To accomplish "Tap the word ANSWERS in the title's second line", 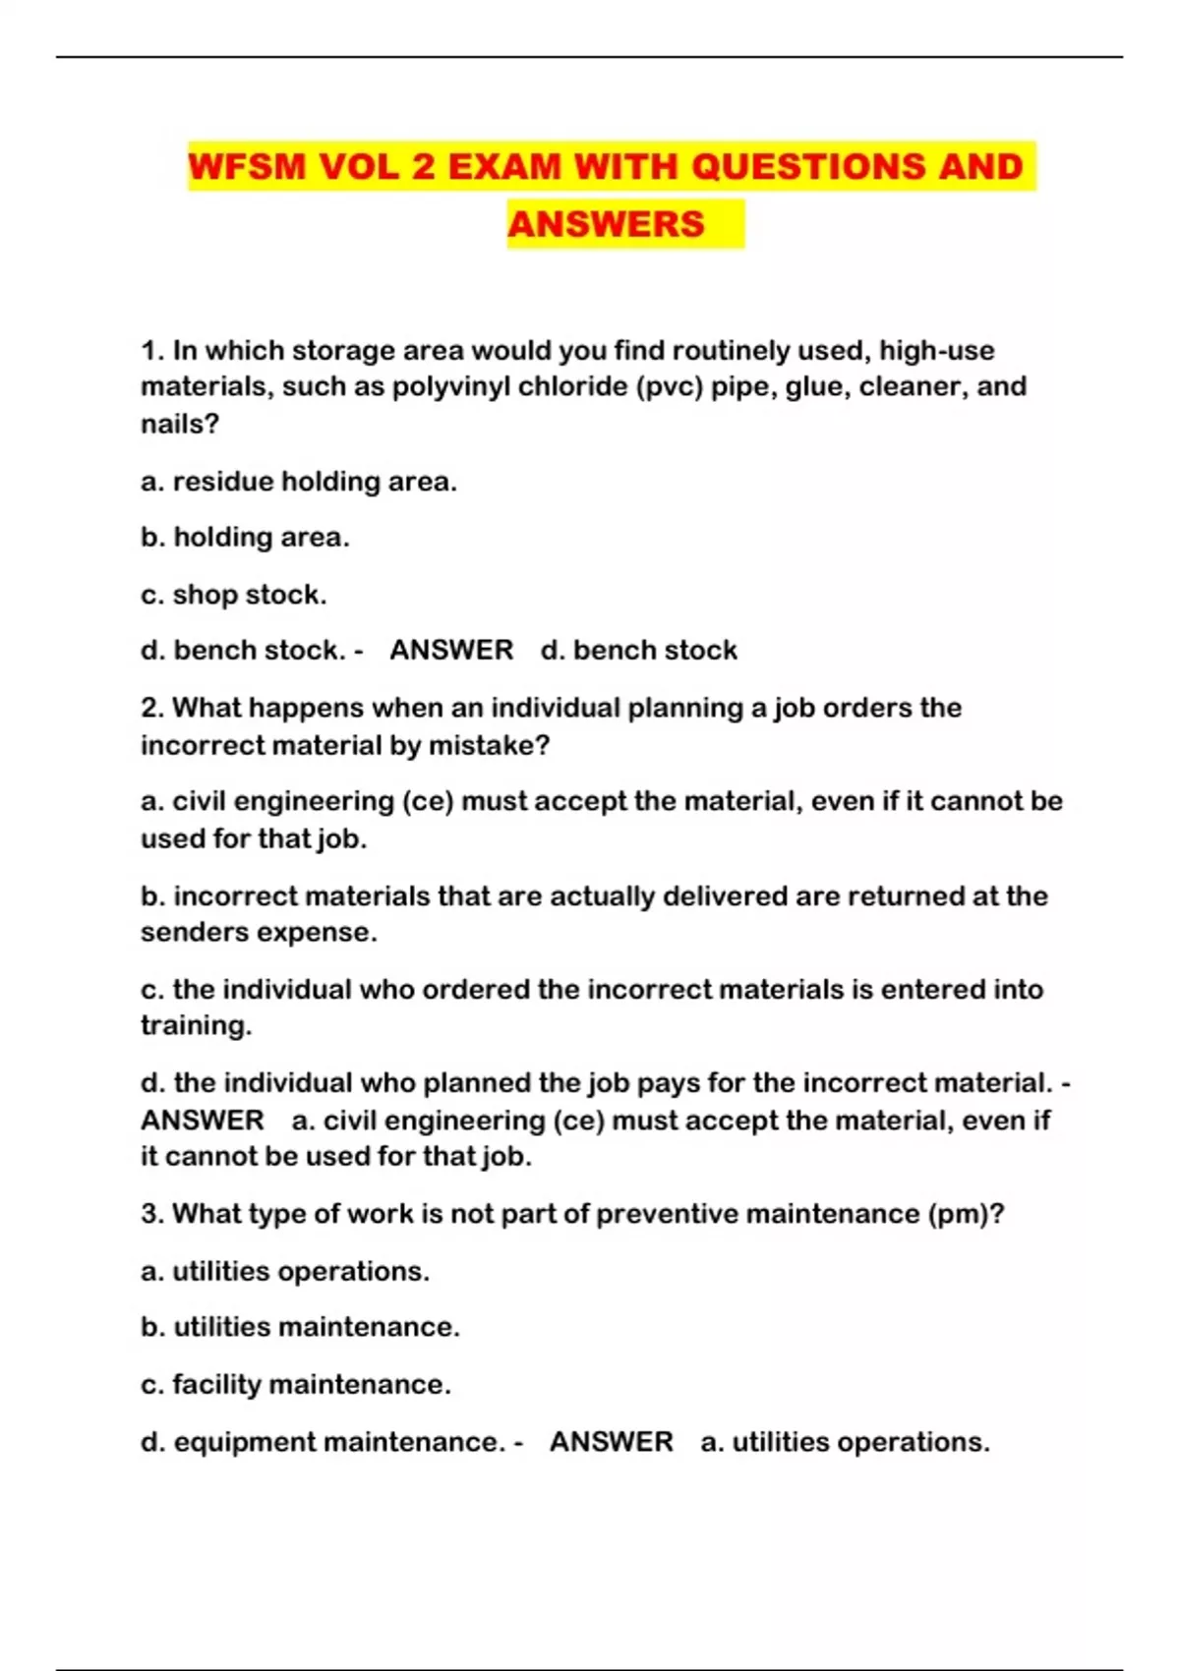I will coord(606,224).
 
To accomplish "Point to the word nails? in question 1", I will coord(180,424).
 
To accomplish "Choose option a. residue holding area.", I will coord(299,482).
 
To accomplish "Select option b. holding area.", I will coord(245,538).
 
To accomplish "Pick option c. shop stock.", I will coord(234,595).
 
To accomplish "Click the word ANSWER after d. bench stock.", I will coord(451,650).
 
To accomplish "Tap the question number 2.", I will coord(151,708).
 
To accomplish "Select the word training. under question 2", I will coord(197,1025).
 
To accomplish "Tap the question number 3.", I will coord(151,1214).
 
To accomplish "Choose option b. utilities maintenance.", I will coord(300,1327).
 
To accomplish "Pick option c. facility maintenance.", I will coord(296,1384).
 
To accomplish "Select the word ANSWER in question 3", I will coord(611,1442).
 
